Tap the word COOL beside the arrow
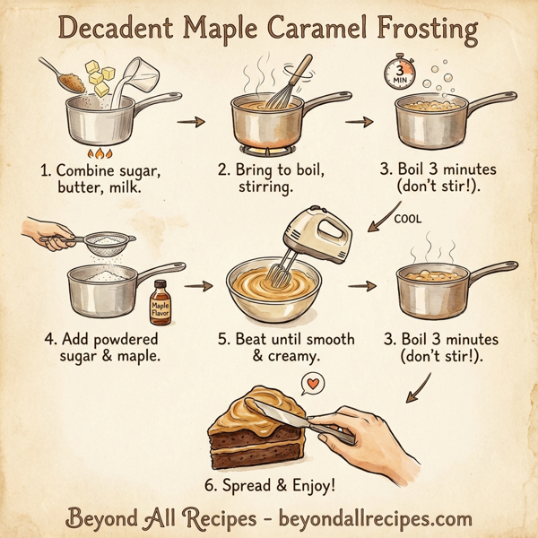(x=406, y=218)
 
